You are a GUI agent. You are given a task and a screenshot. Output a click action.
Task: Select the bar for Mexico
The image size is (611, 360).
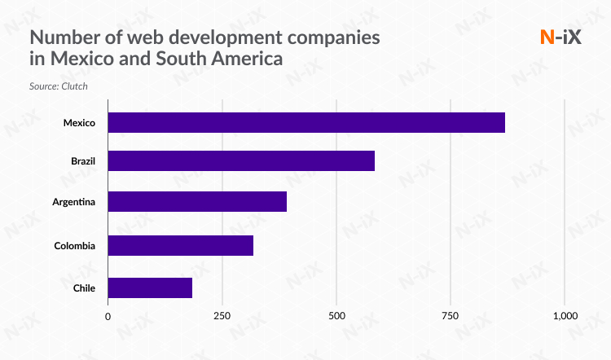pos(306,122)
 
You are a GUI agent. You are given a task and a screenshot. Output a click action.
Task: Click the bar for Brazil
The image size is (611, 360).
pos(241,160)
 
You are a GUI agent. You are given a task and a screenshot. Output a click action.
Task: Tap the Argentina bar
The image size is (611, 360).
pos(197,202)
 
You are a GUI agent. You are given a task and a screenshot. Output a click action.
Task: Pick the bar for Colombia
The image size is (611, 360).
pos(180,245)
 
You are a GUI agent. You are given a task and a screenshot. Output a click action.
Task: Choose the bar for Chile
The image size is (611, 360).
pos(150,288)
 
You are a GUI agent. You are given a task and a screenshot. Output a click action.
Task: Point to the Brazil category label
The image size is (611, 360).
pos(83,161)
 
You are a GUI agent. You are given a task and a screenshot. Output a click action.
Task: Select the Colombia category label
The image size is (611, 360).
pos(75,246)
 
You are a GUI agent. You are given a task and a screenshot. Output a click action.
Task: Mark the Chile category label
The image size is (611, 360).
pos(84,288)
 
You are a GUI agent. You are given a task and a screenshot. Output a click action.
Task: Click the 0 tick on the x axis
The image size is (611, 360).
pos(108,316)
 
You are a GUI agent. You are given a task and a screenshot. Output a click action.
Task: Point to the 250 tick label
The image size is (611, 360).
pos(222,316)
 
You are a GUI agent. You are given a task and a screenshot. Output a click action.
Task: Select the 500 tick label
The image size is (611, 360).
pos(336,316)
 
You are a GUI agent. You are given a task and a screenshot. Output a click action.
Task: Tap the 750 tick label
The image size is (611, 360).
pos(451,316)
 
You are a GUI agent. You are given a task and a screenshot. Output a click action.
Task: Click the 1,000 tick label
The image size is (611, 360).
pos(565,316)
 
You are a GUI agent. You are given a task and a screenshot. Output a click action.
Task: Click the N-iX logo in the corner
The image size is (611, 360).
pos(560,37)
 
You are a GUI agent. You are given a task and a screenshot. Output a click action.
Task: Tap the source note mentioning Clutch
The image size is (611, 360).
pos(58,85)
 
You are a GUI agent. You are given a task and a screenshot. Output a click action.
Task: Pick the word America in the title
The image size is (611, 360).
pos(248,59)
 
